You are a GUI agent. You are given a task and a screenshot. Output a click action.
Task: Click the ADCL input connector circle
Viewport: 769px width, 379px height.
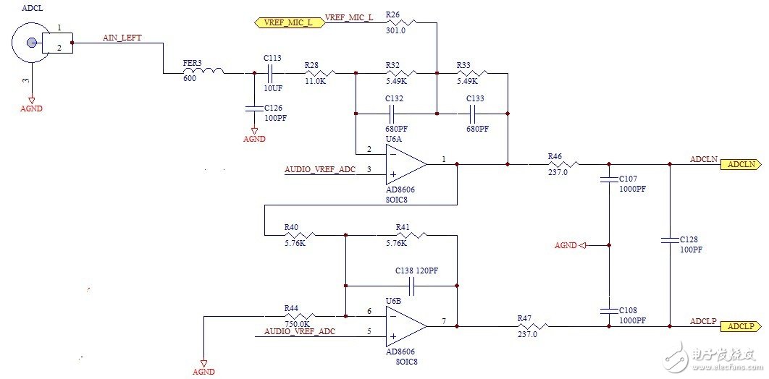(x=29, y=42)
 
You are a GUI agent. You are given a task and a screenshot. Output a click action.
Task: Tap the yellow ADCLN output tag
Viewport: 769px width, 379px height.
(x=739, y=165)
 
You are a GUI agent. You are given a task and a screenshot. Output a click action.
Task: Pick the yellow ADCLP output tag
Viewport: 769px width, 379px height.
(x=739, y=327)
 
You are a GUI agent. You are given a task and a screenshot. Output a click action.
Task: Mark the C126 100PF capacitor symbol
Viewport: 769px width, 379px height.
(x=254, y=108)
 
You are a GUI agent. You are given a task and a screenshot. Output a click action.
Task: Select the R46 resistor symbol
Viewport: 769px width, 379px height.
(x=555, y=164)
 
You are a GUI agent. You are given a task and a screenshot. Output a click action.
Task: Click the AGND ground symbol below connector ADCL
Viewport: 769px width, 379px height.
(x=31, y=101)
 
